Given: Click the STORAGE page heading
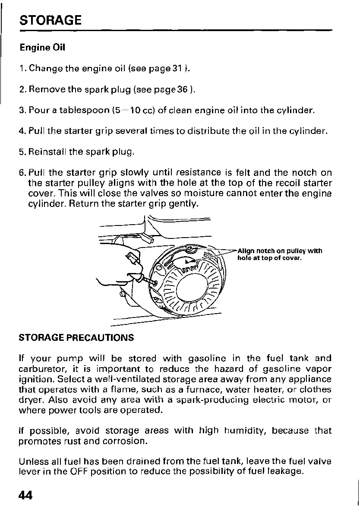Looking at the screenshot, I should click(x=51, y=20).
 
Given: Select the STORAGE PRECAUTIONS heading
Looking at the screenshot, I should click(x=77, y=337).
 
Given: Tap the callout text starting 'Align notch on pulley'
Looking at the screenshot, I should click(x=280, y=255).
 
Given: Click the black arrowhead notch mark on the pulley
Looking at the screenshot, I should click(x=186, y=261).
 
